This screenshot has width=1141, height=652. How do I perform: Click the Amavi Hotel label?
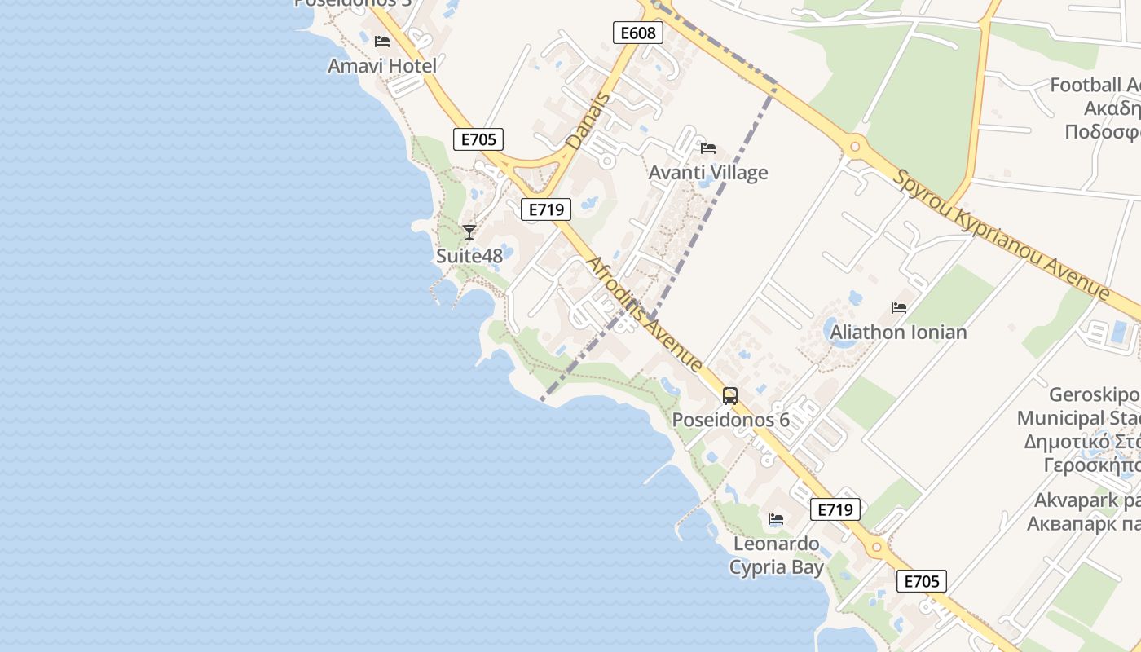point(381,66)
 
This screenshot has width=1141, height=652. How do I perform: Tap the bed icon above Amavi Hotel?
point(381,42)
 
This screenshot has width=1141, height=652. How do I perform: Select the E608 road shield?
point(637,33)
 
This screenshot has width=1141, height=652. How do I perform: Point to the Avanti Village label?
point(707,173)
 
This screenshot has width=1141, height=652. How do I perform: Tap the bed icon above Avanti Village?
point(707,148)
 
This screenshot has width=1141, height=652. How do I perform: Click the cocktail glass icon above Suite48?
point(469,232)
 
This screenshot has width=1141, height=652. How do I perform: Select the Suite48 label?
point(469,256)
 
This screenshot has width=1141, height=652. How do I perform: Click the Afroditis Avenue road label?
point(645,314)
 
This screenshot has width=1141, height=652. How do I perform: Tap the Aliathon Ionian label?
point(898,333)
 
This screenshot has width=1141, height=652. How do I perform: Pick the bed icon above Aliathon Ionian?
point(898,308)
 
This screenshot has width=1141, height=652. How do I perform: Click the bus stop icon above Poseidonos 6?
point(729,396)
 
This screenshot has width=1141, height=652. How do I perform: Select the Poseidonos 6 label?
point(730,420)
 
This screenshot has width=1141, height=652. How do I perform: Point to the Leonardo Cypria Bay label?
point(776,555)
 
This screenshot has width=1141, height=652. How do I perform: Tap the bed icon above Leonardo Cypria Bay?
point(775,518)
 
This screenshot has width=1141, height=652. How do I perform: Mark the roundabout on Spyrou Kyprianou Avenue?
point(854,148)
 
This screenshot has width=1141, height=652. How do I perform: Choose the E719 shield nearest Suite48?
point(546,209)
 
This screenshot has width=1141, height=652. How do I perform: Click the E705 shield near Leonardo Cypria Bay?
point(922,581)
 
